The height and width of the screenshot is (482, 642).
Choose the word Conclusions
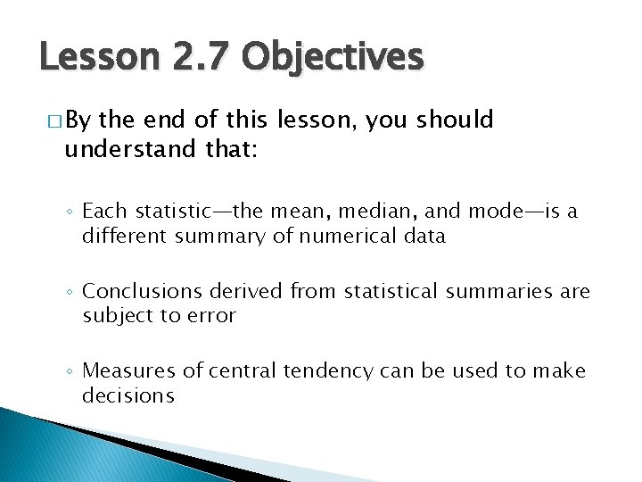139,291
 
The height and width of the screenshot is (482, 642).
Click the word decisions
128,395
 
